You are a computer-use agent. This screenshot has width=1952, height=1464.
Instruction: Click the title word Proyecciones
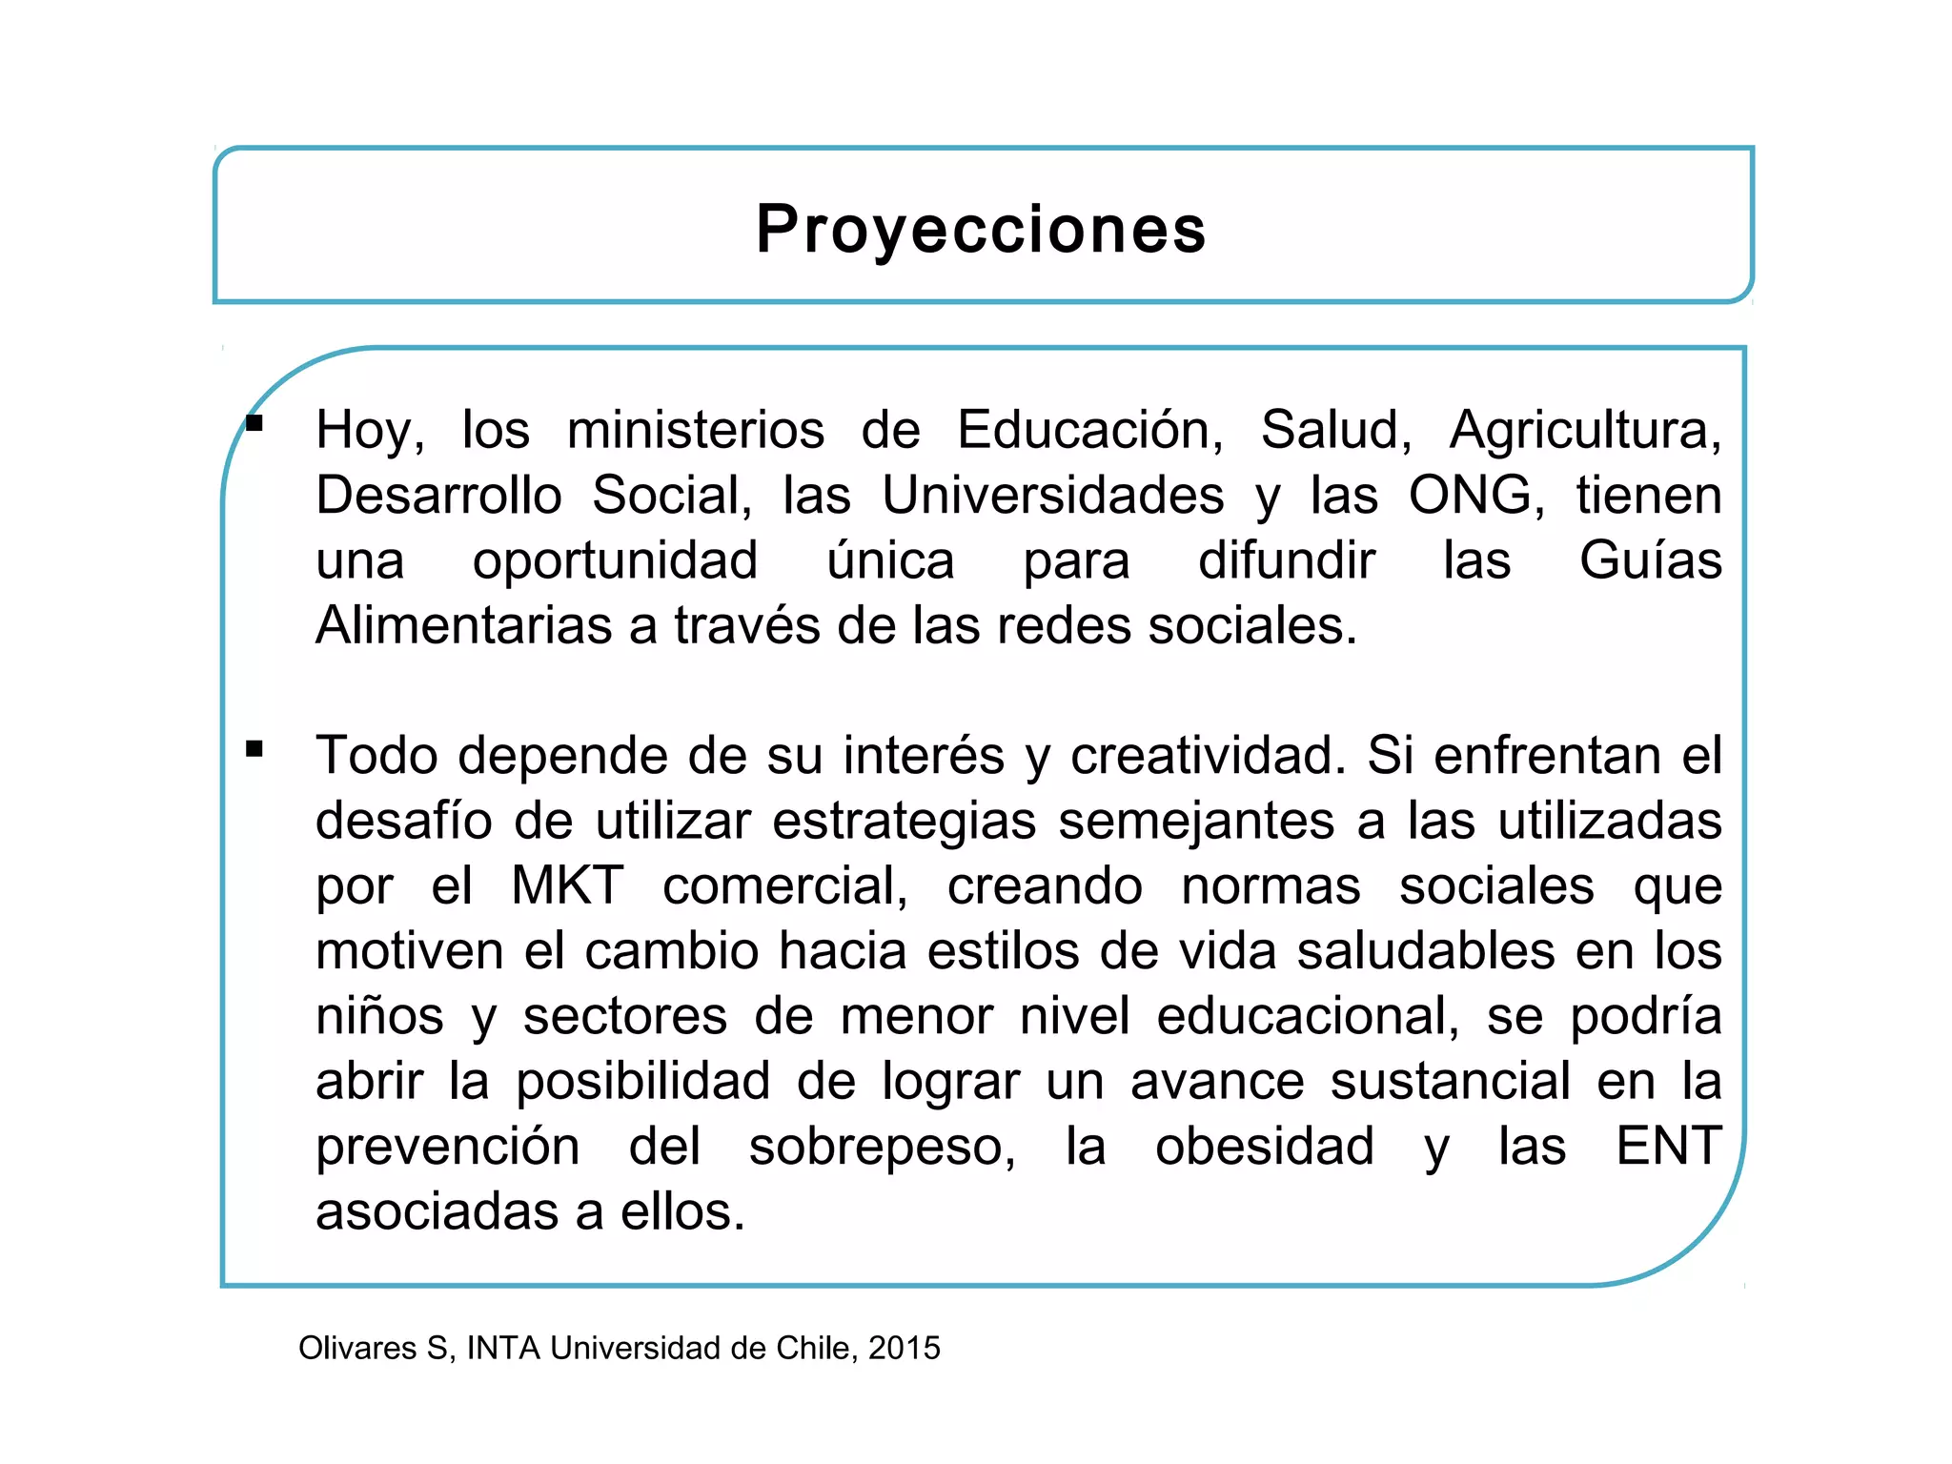981,230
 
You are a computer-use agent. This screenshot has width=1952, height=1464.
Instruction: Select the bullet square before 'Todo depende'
254,749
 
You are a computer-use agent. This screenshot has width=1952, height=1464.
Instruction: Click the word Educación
1089,430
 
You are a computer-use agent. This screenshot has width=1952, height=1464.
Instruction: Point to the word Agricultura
1585,430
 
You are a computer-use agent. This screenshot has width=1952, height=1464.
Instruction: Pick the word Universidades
1052,496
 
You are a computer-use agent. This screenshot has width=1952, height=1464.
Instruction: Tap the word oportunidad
615,561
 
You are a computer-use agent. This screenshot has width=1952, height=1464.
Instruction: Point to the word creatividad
1207,756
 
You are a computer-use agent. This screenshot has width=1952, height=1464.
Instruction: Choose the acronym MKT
567,885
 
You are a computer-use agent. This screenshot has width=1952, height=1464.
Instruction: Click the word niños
379,1016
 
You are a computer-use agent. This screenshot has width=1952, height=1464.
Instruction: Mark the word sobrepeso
882,1147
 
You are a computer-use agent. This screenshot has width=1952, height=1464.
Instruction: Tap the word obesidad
1264,1147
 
